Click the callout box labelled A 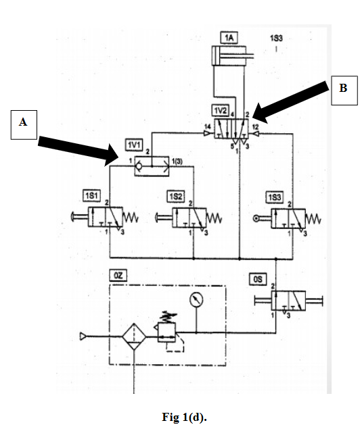point(24,123)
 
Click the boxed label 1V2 point(221,109)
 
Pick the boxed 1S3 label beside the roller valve point(274,196)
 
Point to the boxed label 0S point(258,278)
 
